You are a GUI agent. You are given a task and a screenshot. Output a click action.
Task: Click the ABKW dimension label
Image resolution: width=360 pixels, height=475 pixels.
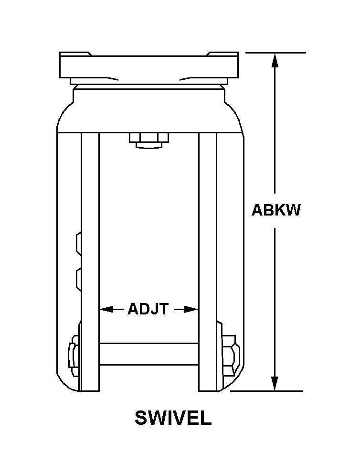276,210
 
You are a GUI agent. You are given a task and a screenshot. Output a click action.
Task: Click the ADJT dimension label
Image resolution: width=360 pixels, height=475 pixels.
148,310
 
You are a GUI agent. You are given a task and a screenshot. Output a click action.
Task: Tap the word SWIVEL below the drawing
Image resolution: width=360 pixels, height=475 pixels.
173,418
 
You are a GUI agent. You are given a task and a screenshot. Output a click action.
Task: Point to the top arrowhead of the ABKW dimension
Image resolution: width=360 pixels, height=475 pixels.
275,60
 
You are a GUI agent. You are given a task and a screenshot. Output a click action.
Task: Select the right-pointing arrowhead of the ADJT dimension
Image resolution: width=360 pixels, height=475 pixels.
192,310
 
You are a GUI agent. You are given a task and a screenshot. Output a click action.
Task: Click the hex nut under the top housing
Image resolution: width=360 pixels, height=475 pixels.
149,139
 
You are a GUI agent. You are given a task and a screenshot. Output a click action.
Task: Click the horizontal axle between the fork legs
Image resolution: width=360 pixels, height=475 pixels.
149,354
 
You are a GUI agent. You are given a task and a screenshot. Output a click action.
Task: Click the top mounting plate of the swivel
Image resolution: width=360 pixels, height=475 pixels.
148,64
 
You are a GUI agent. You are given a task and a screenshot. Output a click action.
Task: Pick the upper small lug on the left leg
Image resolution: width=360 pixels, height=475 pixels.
78,242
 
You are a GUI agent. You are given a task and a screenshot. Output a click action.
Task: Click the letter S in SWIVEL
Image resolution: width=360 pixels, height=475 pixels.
141,418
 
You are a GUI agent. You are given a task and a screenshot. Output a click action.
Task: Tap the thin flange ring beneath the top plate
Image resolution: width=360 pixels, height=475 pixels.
148,82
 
